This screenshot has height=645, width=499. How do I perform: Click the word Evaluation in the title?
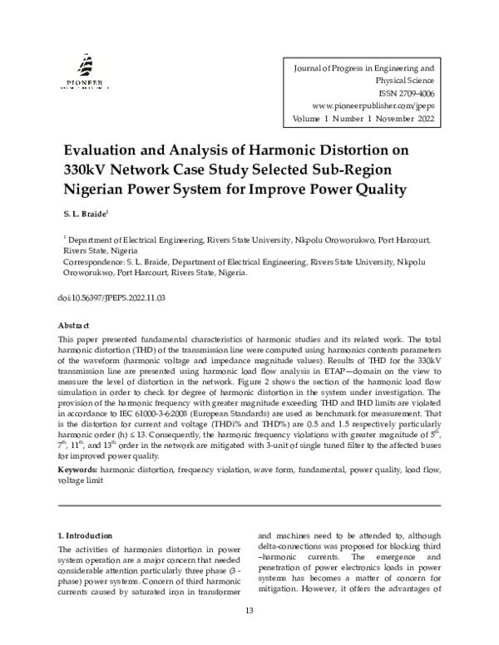coord(111,151)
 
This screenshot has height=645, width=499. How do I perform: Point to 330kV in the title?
coord(86,170)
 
